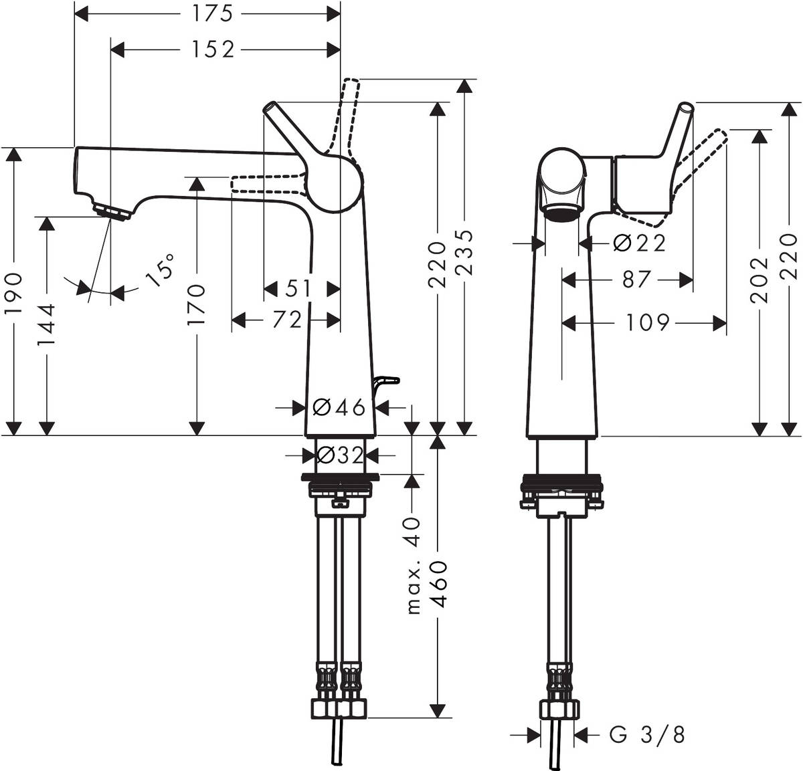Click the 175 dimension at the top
point(208,12)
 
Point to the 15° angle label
point(160,269)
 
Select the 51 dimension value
point(298,289)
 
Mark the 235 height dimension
point(463,253)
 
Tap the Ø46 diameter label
point(339,406)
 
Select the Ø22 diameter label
point(640,243)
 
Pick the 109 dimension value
point(648,323)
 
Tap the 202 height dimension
point(760,280)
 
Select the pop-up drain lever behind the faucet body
point(387,381)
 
